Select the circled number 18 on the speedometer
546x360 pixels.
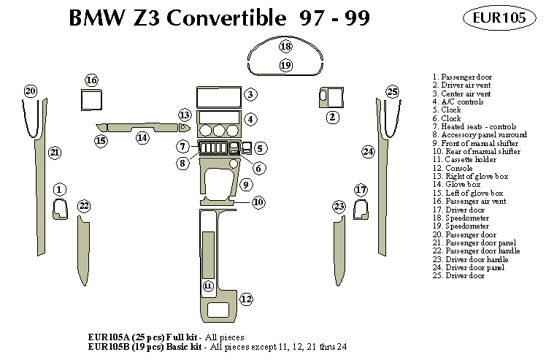(285, 47)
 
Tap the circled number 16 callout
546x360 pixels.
(91, 80)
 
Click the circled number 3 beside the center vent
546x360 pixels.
(250, 94)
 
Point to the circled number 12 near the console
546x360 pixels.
(246, 298)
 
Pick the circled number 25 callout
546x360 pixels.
(393, 91)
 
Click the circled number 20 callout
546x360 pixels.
(30, 91)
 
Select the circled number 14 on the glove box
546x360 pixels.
(142, 137)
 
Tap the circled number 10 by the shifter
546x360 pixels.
(258, 202)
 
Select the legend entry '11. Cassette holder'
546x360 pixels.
(464, 160)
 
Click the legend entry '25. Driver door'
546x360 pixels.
(458, 275)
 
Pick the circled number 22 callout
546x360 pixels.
(84, 205)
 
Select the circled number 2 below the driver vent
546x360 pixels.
(333, 117)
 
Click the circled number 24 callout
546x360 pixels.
(369, 151)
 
